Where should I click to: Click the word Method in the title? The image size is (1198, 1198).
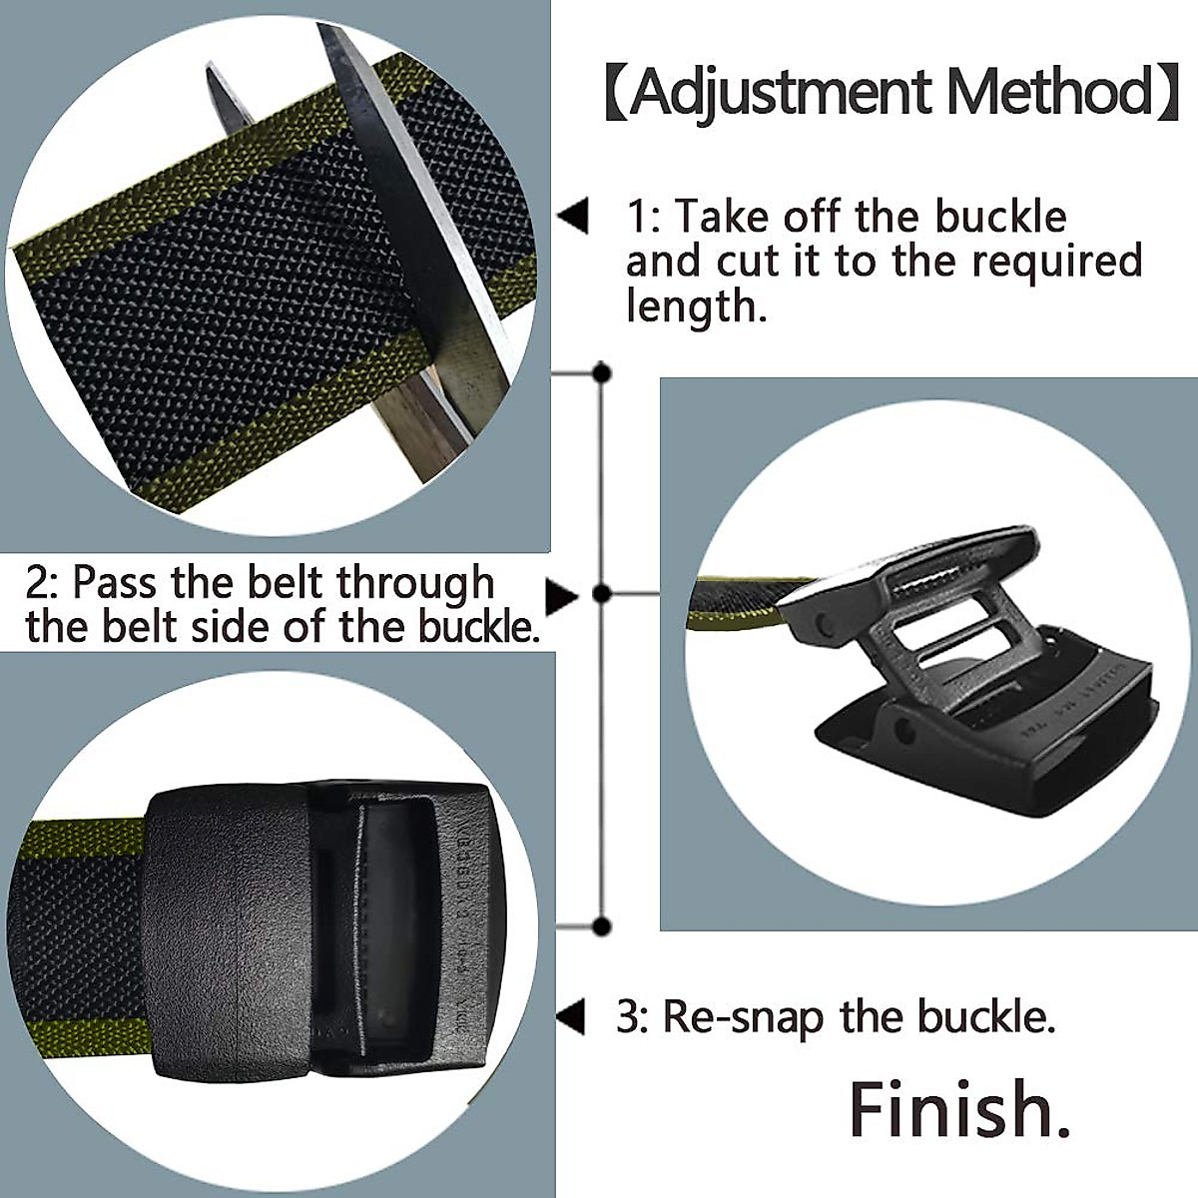[x=1049, y=93]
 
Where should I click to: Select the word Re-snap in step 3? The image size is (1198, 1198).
[x=744, y=1018]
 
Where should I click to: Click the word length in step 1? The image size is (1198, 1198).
[x=696, y=306]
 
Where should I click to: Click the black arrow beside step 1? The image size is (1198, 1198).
[x=572, y=217]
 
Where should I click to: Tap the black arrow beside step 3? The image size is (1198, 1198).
[x=570, y=1017]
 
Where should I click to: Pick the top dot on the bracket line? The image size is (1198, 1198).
[x=602, y=374]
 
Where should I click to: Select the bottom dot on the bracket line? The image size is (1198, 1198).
[x=602, y=926]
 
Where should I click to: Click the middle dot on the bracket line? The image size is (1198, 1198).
[x=602, y=594]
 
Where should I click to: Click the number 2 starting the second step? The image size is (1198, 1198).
[x=37, y=583]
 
